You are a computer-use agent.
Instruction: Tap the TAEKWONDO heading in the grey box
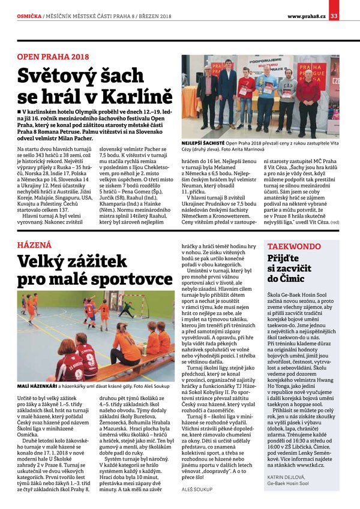[x=294, y=246]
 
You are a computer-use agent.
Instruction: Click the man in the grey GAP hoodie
[x=287, y=99]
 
